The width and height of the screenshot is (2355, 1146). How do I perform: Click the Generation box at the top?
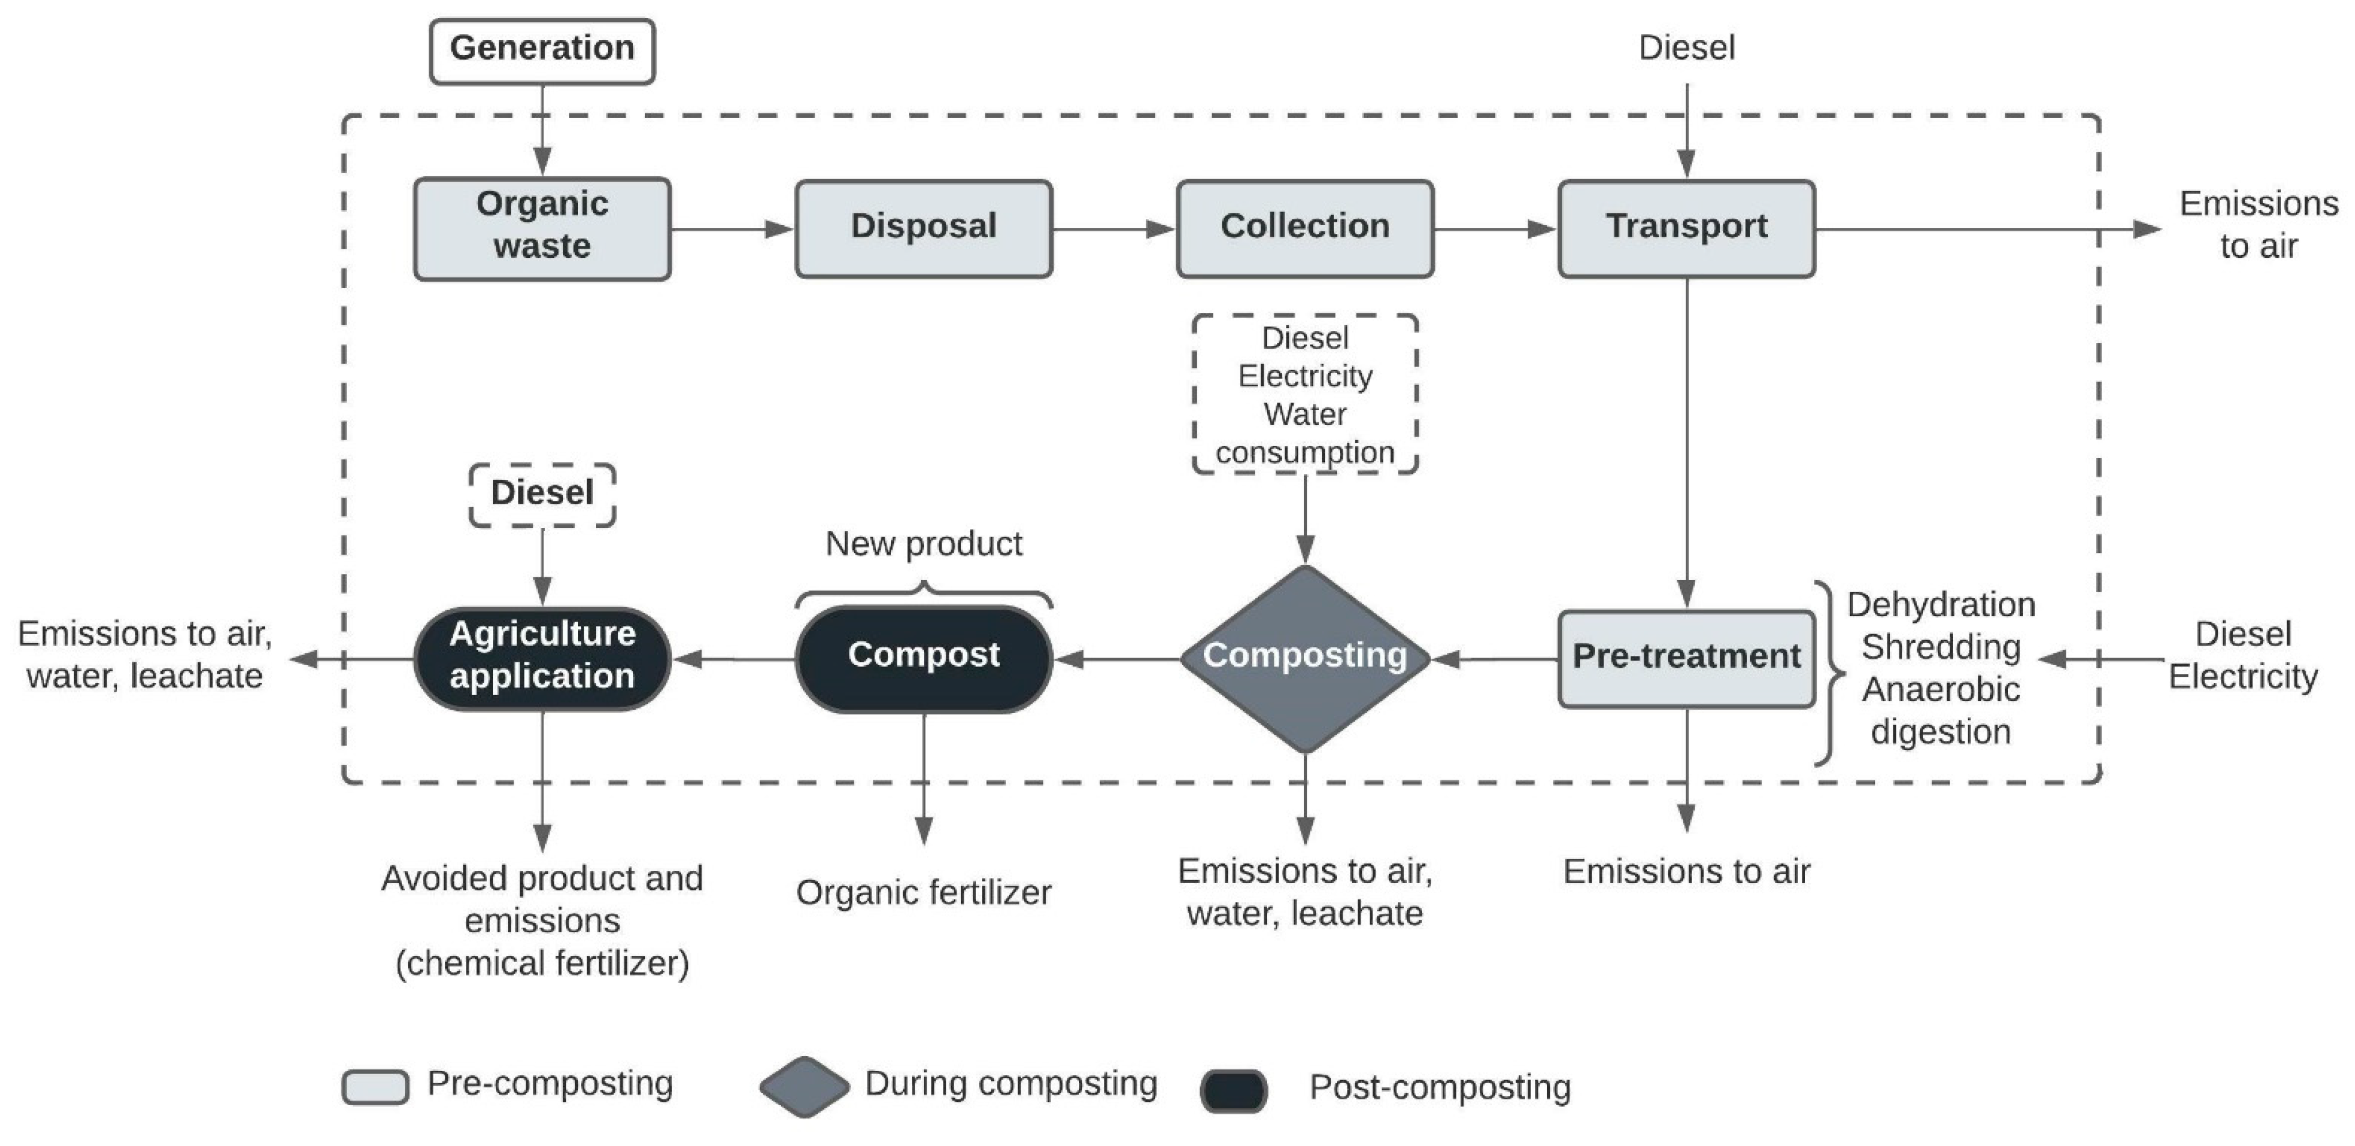pyautogui.click(x=542, y=51)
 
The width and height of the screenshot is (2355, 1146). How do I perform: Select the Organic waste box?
pyautogui.click(x=542, y=229)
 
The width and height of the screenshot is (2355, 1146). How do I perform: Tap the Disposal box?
pyautogui.click(x=923, y=229)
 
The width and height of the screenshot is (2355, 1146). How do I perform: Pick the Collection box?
pyautogui.click(x=1305, y=229)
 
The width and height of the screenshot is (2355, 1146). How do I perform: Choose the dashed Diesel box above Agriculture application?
pyautogui.click(x=542, y=495)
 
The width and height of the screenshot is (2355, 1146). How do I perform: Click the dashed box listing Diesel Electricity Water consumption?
pyautogui.click(x=1305, y=395)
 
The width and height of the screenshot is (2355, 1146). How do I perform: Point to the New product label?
pyautogui.click(x=923, y=545)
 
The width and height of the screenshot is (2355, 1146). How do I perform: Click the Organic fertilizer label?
pyautogui.click(x=923, y=893)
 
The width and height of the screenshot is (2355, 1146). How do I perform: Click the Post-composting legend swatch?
pyautogui.click(x=1234, y=1089)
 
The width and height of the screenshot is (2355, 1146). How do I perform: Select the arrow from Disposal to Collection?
pyautogui.click(x=1113, y=229)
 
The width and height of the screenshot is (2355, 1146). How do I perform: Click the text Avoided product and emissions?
pyautogui.click(x=542, y=899)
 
